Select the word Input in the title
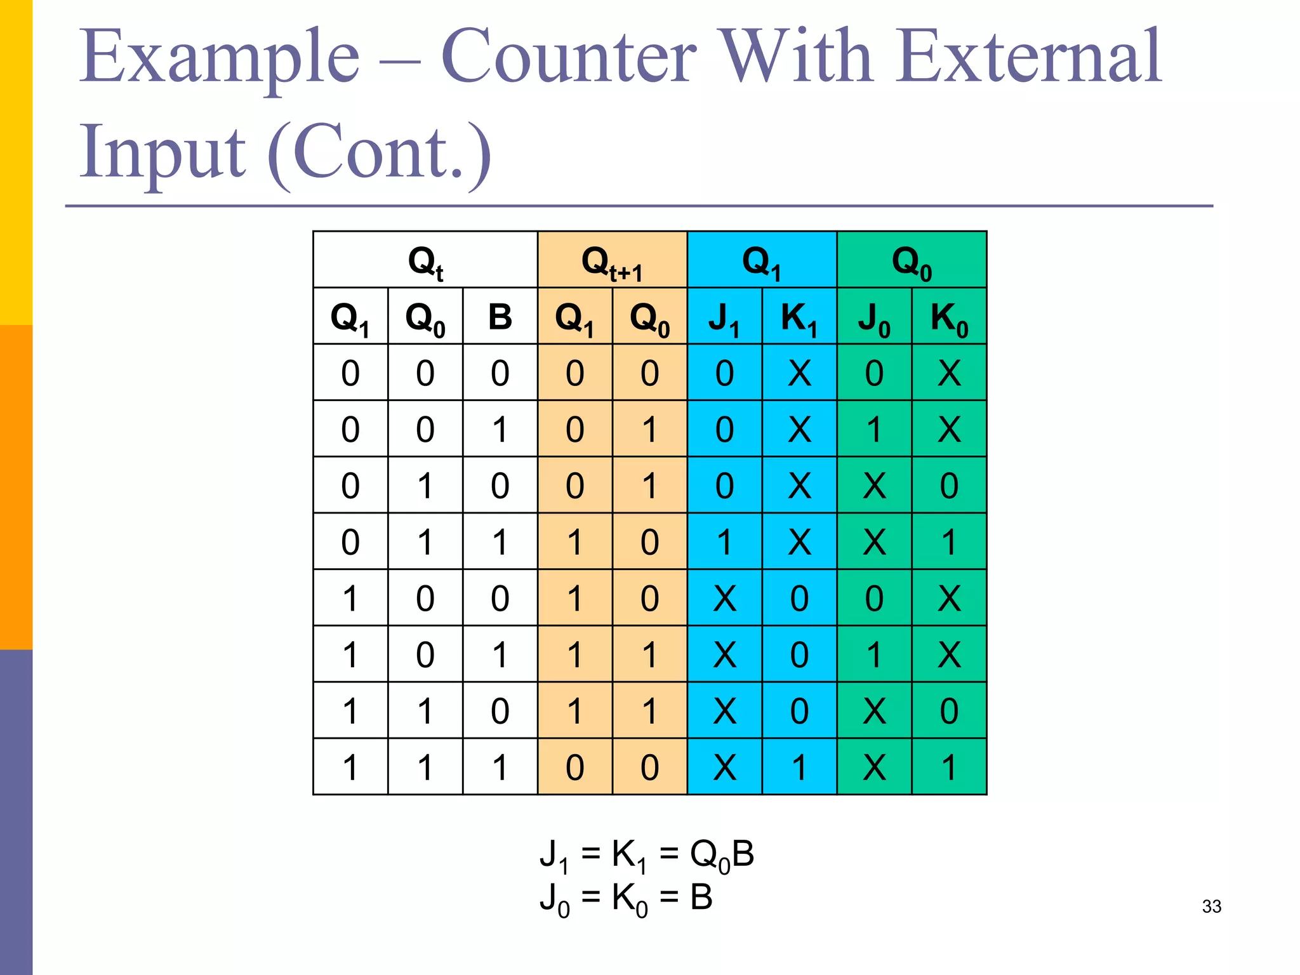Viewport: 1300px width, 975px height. [x=162, y=152]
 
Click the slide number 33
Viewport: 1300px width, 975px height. [x=1211, y=906]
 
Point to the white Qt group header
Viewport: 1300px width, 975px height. [x=425, y=260]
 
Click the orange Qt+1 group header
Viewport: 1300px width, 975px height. [x=612, y=260]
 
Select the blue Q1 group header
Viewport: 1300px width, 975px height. [x=762, y=260]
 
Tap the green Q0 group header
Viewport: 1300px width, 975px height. [x=912, y=260]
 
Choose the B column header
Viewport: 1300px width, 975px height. [x=500, y=316]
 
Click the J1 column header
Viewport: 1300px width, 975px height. [x=724, y=316]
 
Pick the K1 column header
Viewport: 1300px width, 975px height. [x=799, y=316]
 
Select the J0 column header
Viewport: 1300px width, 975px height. [x=874, y=316]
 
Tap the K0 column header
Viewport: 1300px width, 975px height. [x=949, y=316]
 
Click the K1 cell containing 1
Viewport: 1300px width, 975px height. [x=799, y=767]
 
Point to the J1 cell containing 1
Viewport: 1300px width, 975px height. [x=724, y=541]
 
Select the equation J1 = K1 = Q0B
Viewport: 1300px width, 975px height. [x=646, y=854]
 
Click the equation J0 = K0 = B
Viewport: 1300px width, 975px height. [x=626, y=898]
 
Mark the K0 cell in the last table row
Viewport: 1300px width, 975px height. [x=949, y=767]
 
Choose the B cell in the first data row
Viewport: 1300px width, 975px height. [x=500, y=373]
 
